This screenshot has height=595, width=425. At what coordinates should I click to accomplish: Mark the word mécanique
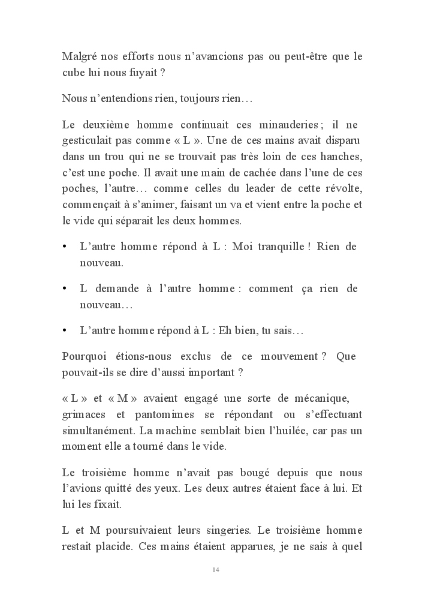point(335,399)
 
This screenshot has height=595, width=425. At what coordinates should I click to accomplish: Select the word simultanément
point(100,431)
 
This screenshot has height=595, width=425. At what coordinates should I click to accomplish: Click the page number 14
point(216,569)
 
